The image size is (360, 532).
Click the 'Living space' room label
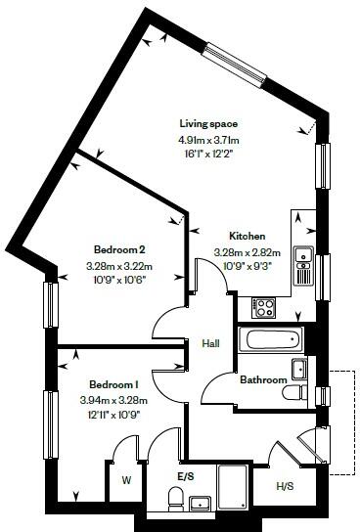[208, 123]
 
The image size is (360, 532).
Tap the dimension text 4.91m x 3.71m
[208, 139]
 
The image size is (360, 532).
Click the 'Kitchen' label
[246, 237]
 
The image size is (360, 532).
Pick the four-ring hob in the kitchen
[263, 308]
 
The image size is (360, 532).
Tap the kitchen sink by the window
[303, 255]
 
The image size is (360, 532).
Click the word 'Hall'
[210, 343]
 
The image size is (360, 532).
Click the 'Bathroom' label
[264, 379]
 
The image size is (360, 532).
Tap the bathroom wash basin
[299, 369]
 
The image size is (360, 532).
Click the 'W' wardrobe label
[126, 479]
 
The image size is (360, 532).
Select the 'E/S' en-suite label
[186, 475]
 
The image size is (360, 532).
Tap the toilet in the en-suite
[174, 500]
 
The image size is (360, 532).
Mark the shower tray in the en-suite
[233, 488]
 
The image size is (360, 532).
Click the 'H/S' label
[285, 485]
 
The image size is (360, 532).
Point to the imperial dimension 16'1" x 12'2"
[208, 154]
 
